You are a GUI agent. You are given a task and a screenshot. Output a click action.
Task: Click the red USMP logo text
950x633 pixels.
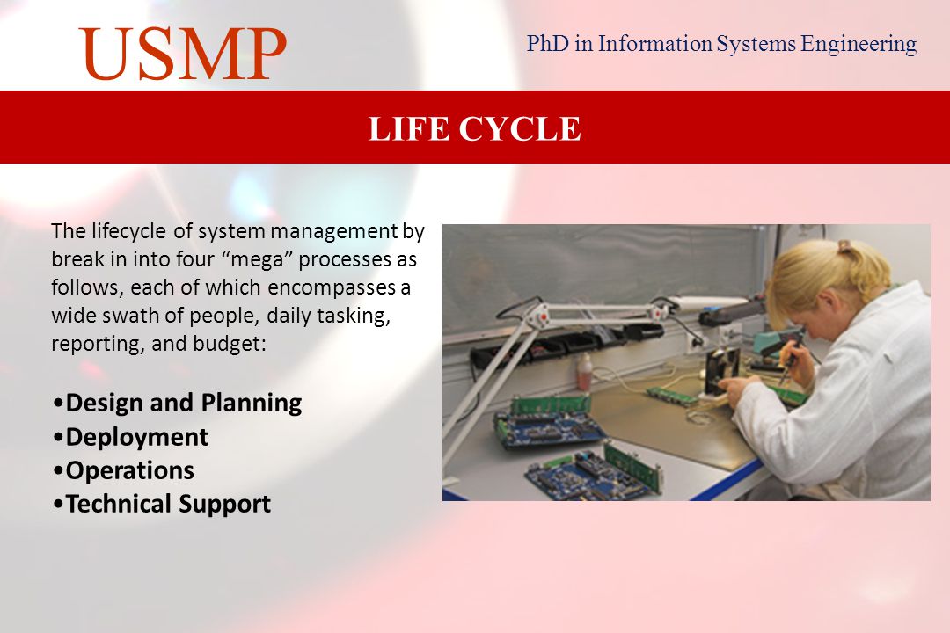click(182, 54)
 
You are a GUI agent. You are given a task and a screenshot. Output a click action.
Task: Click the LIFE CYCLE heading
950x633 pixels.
click(475, 128)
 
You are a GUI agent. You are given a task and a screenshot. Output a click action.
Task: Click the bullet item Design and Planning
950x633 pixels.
click(178, 404)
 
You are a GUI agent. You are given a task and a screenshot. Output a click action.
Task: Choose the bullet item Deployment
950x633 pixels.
click(131, 437)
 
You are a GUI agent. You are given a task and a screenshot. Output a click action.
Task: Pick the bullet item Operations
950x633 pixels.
click(124, 470)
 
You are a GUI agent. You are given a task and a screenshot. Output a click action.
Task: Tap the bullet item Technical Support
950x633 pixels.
click(162, 504)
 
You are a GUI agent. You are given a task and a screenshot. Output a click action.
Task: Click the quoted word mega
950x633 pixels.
click(262, 259)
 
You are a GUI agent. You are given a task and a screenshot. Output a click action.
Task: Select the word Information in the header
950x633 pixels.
click(655, 44)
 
